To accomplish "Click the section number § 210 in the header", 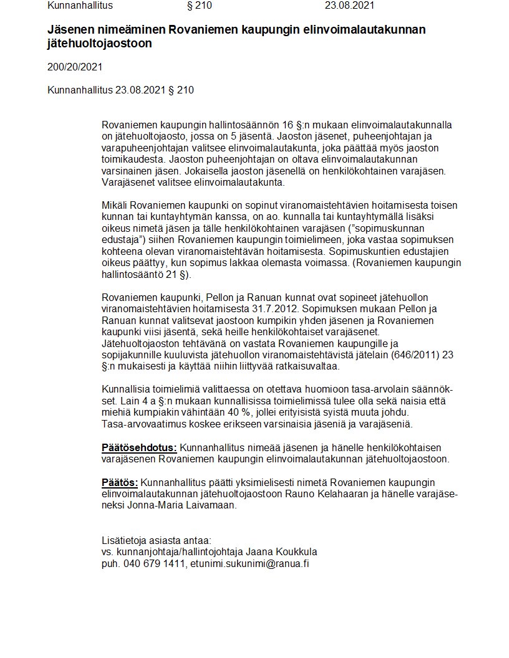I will [200, 6].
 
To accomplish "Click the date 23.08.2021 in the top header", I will [350, 6].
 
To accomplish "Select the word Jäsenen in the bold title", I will [69, 30].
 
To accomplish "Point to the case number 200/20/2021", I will [75, 67].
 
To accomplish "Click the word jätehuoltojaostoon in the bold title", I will [99, 44].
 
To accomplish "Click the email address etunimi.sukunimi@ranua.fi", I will [251, 564].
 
